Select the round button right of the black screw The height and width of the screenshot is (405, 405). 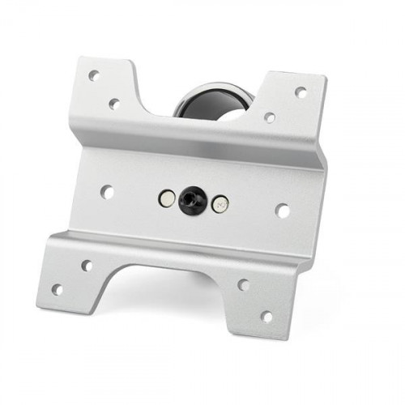pos(219,204)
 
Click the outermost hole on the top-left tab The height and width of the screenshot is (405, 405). pos(93,75)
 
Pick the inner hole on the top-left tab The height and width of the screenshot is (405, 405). pos(114,104)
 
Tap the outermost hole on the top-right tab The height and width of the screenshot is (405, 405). pos(301,92)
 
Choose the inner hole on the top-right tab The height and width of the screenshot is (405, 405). pos(269,117)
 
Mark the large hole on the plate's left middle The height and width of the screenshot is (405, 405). pos(106,192)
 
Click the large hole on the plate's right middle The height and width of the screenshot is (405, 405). pos(283,211)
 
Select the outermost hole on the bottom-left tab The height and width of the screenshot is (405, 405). pos(57,288)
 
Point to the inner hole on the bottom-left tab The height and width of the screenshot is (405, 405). pos(86,265)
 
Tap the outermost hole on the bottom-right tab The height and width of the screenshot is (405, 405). pos(266,316)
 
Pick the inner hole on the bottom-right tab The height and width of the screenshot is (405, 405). pos(243,284)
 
